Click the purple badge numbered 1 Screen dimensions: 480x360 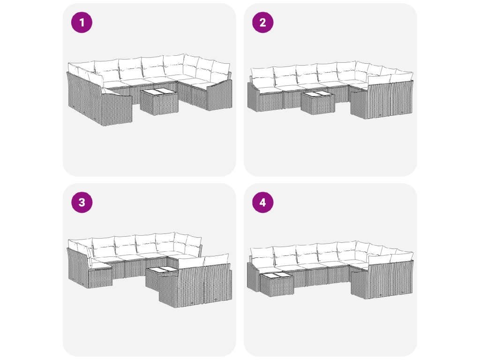[x=82, y=22]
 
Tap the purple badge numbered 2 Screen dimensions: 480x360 [x=262, y=22]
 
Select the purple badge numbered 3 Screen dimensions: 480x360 [x=82, y=202]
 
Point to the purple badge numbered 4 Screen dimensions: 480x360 [x=262, y=202]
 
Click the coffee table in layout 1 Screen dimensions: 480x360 [x=159, y=101]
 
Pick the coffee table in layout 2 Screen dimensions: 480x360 [x=318, y=103]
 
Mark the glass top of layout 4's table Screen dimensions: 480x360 [x=277, y=276]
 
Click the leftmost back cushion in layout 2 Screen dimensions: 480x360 [x=262, y=77]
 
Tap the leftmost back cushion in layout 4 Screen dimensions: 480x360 [x=262, y=257]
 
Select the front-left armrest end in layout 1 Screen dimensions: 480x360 [x=116, y=109]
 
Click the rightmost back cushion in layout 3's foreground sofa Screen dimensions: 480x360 [x=216, y=260]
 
